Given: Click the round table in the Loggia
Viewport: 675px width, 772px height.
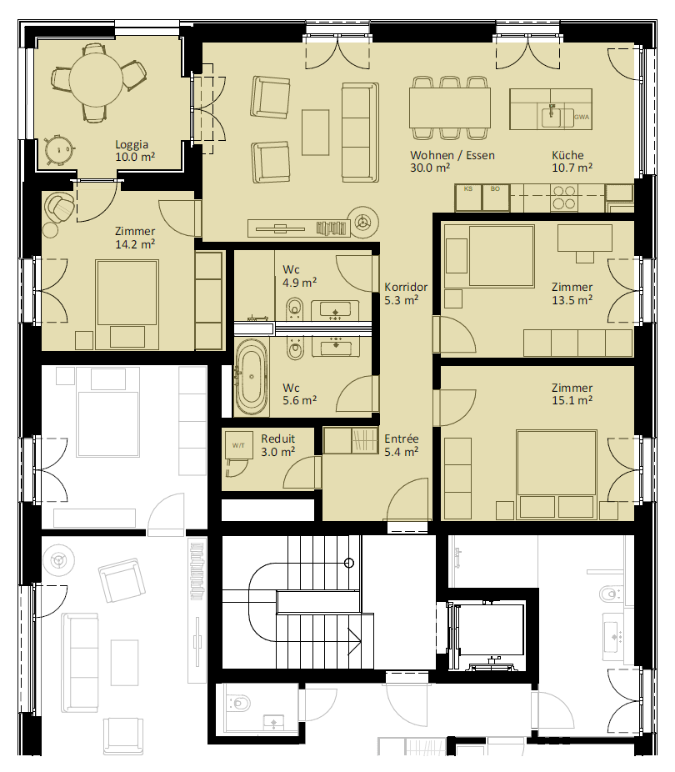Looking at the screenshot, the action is point(96,79).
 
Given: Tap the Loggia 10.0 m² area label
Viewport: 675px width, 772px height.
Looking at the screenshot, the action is point(135,151).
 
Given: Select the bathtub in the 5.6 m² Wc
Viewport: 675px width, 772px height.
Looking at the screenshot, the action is point(252,377).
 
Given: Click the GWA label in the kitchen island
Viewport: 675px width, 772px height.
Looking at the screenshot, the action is point(582,118).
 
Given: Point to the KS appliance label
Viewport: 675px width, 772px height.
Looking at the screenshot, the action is point(468,188).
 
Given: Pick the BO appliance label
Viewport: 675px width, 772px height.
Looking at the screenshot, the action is point(495,188).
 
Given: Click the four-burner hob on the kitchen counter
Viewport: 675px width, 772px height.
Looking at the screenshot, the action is point(564,197).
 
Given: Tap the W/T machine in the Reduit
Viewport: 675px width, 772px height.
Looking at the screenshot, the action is point(238,445).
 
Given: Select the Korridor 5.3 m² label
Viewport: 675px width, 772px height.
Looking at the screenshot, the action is point(405,293).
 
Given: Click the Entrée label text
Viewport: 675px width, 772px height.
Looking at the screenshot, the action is point(402,439).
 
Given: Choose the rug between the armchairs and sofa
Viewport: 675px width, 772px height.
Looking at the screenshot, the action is point(315,132).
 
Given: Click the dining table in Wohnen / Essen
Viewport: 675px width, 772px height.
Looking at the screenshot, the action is point(450,108).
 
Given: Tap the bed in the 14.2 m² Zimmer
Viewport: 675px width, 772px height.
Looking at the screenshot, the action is point(127,304).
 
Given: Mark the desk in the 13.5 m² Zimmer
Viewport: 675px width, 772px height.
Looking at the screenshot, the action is point(585,238).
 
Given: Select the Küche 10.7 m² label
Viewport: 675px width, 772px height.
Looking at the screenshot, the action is point(572,162).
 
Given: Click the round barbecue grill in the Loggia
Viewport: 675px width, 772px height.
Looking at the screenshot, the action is point(59,148).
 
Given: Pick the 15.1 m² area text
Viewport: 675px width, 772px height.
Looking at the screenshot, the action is point(572,400).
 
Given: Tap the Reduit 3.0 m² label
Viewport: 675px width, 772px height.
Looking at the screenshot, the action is point(277,445).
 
